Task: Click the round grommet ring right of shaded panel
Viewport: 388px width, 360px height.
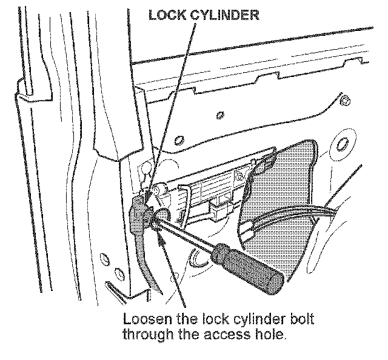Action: point(343,145)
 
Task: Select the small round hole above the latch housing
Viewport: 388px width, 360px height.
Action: point(180,141)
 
